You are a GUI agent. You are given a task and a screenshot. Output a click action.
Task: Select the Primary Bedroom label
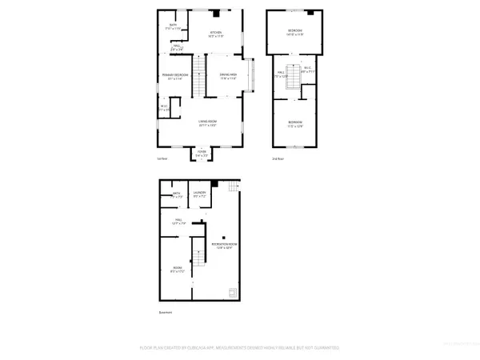click(x=173, y=77)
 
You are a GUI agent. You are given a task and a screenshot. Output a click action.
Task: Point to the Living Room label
click(x=207, y=122)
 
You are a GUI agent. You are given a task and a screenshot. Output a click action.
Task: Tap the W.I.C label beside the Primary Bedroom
click(x=163, y=106)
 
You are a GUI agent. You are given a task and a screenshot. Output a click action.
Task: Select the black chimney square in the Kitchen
click(x=215, y=14)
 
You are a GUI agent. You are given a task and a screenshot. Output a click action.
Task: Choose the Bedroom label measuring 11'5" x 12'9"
click(x=294, y=122)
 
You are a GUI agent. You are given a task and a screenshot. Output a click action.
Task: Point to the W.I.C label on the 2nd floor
click(x=308, y=69)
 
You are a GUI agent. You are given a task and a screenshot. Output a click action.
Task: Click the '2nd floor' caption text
click(x=278, y=159)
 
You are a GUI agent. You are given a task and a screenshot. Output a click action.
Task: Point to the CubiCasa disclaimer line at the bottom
click(x=239, y=349)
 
